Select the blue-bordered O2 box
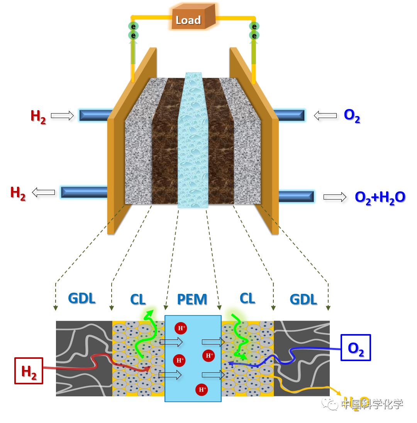point(355,348)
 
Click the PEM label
point(192,299)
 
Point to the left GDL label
point(81,298)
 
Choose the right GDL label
point(303,299)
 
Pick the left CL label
point(138,299)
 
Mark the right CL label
point(247,298)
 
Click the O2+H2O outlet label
point(380,197)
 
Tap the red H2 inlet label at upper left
point(38,116)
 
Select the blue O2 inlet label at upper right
point(352,116)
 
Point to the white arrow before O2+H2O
point(335,197)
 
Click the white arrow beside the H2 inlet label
point(62,115)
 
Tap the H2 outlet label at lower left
point(18,193)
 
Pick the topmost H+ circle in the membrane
point(181,329)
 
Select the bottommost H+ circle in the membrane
point(201,389)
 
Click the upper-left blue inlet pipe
point(95,115)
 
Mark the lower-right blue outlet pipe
point(296,196)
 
